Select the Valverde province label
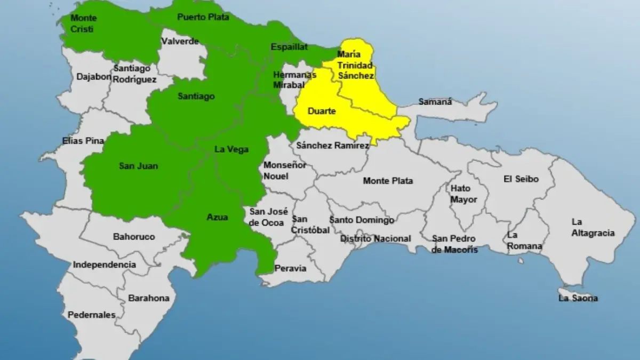coord(180,41)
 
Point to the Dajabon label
coord(94,76)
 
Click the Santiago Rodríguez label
coord(134,74)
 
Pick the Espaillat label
coord(289,47)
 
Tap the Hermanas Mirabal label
coord(291,79)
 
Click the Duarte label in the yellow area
coord(322,111)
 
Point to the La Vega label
coord(231,149)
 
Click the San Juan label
coord(138,166)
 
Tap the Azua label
coord(217,217)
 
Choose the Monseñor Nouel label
coord(285,170)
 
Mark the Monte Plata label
coord(388,181)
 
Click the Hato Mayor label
coord(463,194)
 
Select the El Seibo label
coord(521,179)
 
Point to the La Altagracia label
coord(593,227)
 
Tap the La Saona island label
coord(578,298)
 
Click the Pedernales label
coord(91,315)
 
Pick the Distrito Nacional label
coord(375,238)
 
